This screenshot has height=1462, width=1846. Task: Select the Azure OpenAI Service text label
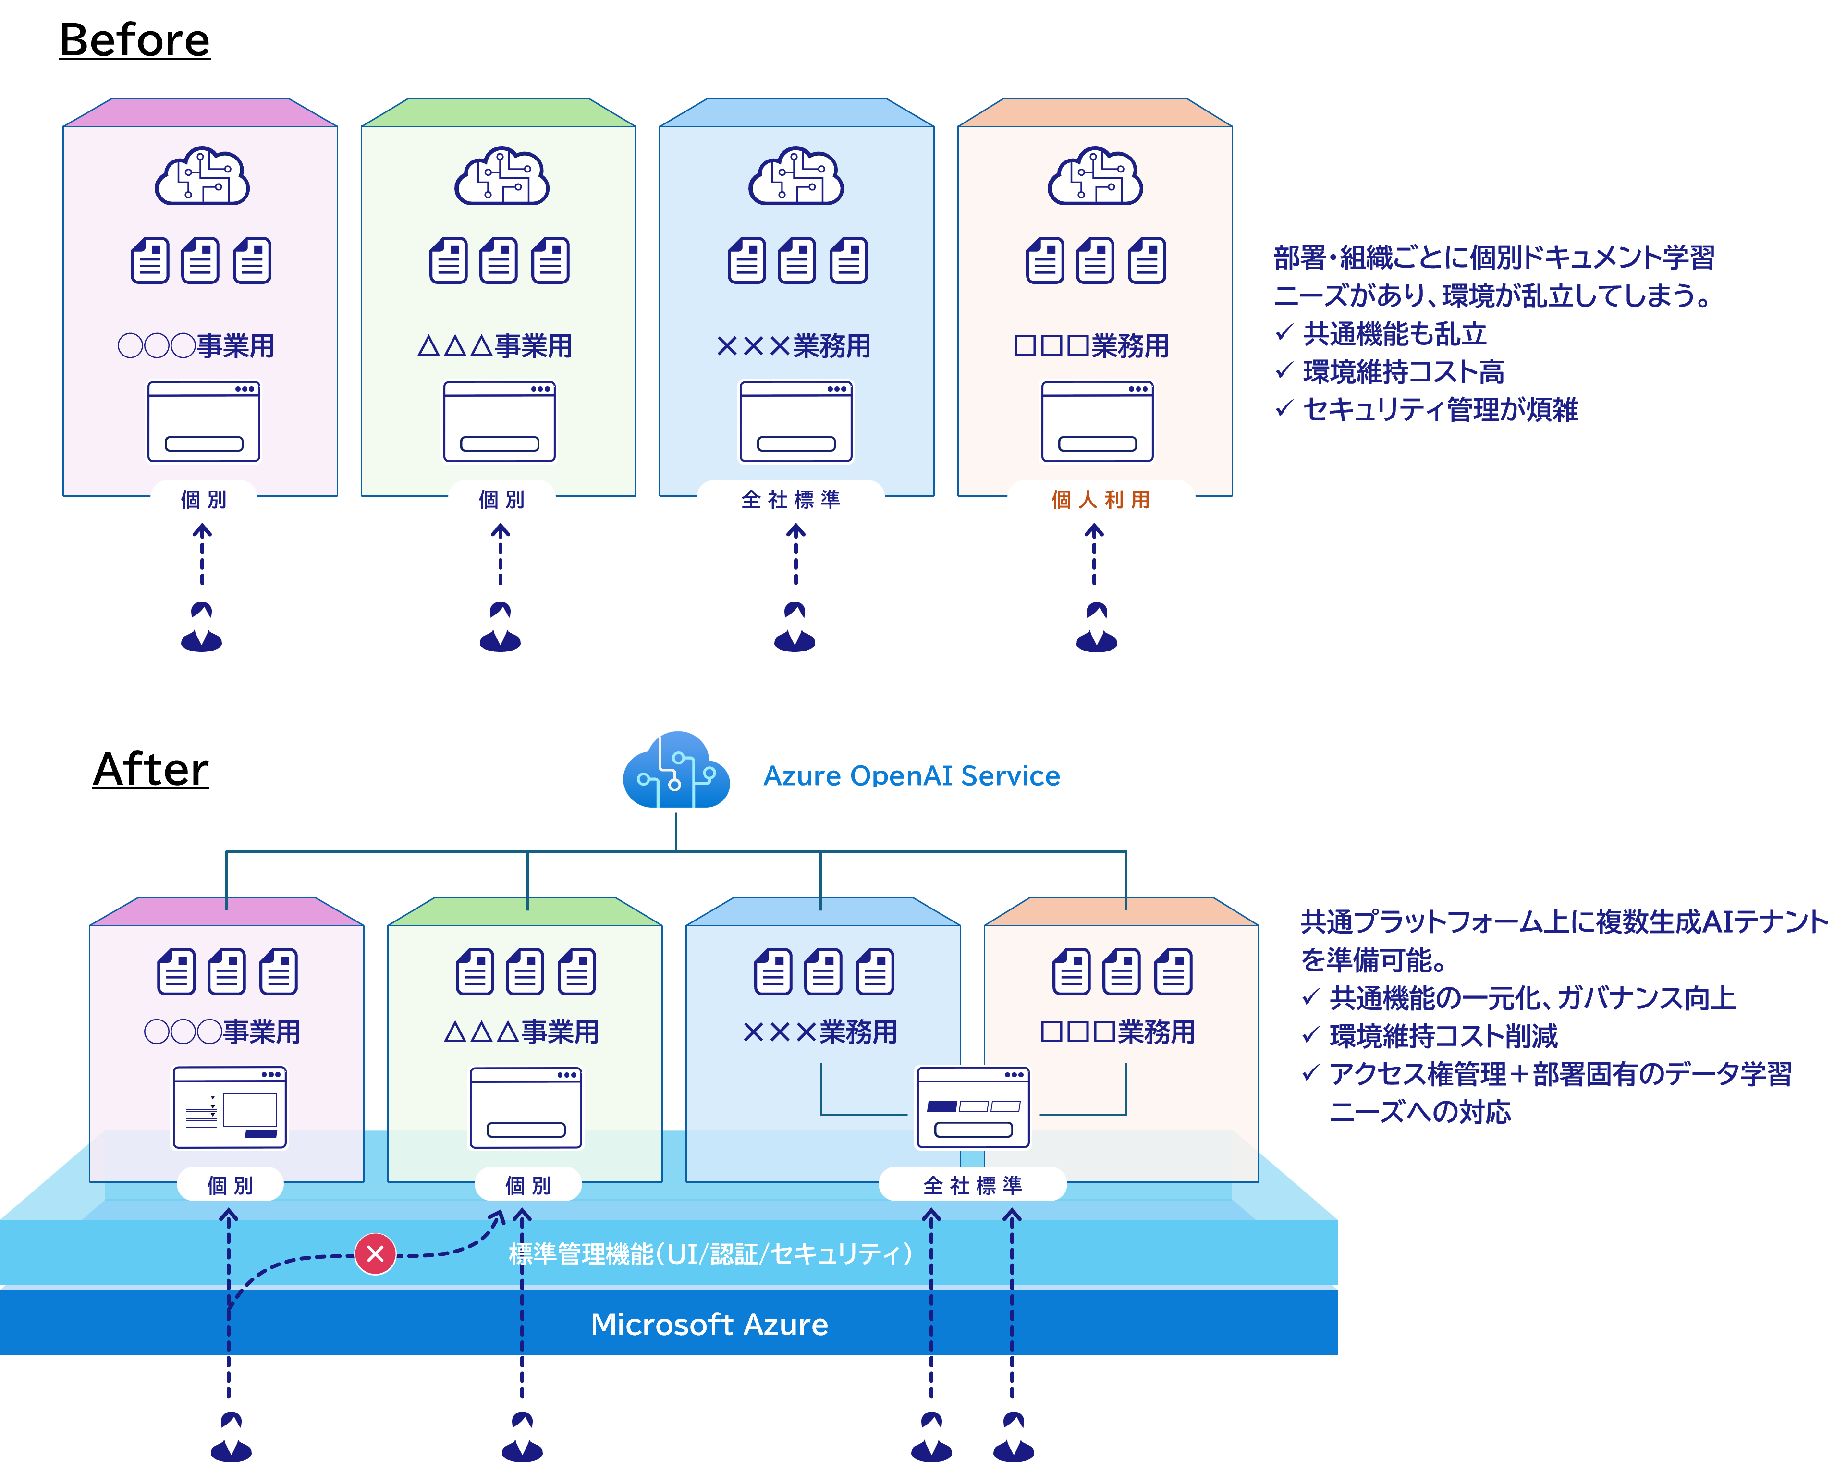coord(911,775)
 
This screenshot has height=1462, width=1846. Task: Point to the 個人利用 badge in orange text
coord(1100,499)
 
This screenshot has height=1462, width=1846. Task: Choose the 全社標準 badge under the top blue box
coord(791,499)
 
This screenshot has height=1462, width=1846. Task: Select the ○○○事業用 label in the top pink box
coord(196,346)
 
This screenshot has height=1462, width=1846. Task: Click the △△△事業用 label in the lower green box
coord(521,1032)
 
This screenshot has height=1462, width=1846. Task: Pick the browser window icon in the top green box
coord(500,421)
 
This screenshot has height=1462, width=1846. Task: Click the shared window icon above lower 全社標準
coord(973,1107)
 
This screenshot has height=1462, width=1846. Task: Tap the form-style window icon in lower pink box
coord(229,1107)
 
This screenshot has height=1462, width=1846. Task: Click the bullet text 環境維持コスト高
coord(1404,371)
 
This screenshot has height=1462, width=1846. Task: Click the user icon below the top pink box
coord(202,627)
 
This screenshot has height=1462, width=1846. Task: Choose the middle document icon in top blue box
coord(797,260)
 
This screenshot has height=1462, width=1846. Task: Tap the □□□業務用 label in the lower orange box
coord(1118,1032)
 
